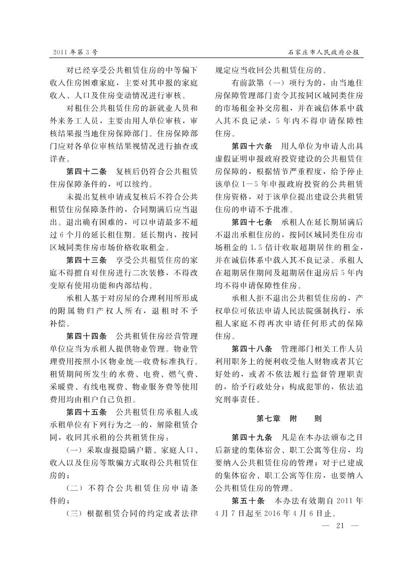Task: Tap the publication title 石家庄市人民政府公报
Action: coord(324,52)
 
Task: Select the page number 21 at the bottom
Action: coord(341,525)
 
